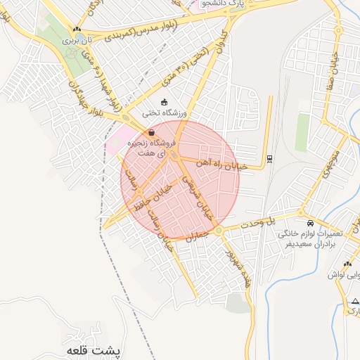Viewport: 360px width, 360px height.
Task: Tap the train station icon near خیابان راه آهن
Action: point(270,159)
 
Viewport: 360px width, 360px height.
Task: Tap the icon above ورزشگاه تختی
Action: point(165,102)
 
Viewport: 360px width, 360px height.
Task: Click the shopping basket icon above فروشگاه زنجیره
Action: point(151,132)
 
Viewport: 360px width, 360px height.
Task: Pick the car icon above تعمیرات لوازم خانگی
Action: point(311,223)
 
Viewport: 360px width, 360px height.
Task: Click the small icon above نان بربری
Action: point(77,29)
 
